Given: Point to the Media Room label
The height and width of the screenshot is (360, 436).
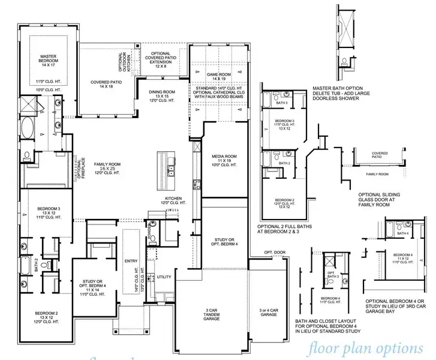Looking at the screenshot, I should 225,159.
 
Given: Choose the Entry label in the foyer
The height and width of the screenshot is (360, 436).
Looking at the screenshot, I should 131,261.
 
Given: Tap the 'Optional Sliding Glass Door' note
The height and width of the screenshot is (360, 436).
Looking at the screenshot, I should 383,199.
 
